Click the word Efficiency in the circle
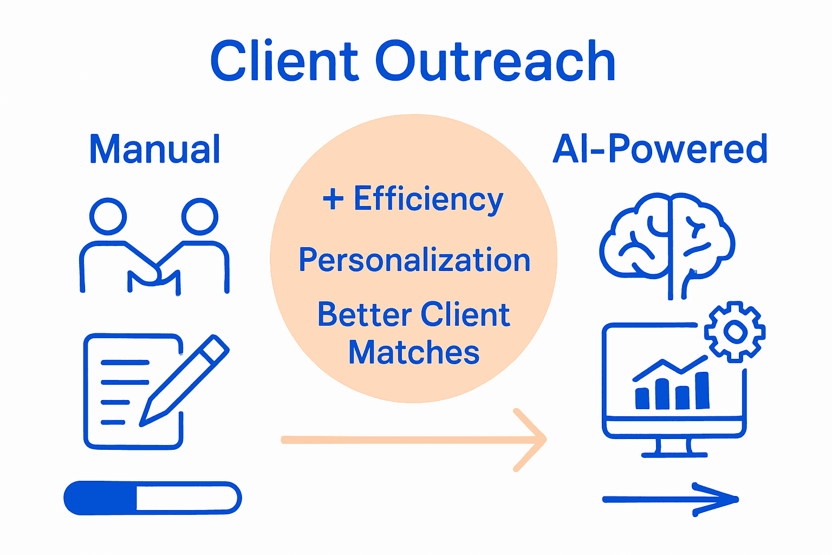[428, 199]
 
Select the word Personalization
[414, 260]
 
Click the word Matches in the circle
[414, 353]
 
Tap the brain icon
[667, 238]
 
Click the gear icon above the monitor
[734, 331]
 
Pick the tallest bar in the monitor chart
[702, 390]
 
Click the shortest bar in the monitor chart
[642, 398]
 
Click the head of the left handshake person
[108, 216]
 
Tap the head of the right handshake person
[200, 216]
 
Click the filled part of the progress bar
[101, 498]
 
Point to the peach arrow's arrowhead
[534, 440]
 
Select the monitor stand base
[674, 454]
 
